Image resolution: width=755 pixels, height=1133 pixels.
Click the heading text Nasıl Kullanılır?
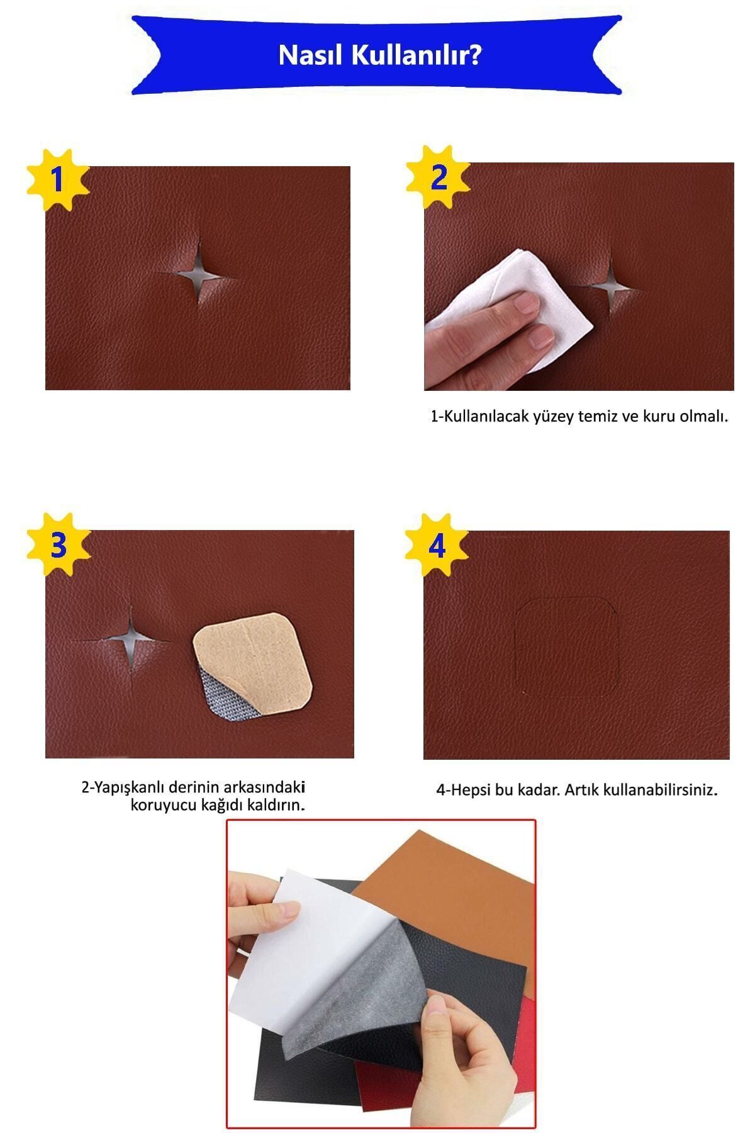[x=380, y=55]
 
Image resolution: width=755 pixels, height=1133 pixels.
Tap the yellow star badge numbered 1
[x=57, y=180]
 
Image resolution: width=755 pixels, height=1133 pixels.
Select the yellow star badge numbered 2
[x=439, y=177]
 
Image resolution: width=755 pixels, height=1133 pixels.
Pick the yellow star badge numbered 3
[x=59, y=545]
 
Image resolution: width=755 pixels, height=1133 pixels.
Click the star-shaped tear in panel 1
[x=197, y=275]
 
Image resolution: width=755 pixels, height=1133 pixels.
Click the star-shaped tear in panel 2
[x=610, y=288]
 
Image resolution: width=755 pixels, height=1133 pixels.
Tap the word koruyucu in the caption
[x=160, y=804]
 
